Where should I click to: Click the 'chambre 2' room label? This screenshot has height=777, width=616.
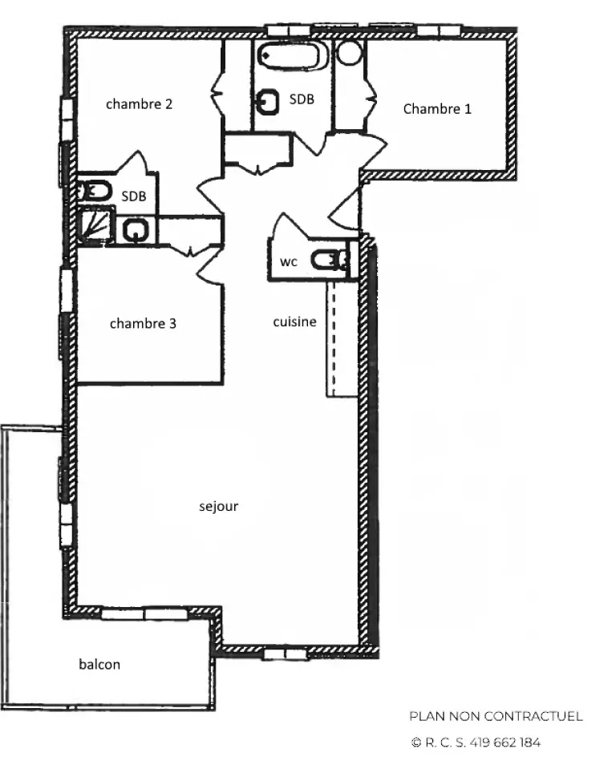(x=140, y=104)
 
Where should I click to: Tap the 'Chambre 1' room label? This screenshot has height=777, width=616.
(x=437, y=108)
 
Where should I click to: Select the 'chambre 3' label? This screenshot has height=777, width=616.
(x=143, y=324)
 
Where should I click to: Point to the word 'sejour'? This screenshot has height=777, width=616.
(x=218, y=507)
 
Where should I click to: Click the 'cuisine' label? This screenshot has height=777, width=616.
(x=295, y=322)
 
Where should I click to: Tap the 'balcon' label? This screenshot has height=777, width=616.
(x=99, y=664)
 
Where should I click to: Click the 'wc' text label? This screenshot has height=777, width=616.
(x=289, y=261)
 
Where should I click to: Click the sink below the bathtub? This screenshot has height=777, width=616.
(x=268, y=102)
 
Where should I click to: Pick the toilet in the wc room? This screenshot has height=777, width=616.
(x=330, y=260)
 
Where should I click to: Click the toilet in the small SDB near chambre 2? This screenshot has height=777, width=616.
(x=94, y=191)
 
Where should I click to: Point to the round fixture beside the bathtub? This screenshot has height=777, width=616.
(x=350, y=53)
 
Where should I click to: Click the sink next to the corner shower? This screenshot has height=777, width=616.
(x=136, y=230)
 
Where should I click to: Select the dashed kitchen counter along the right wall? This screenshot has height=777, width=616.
(x=342, y=339)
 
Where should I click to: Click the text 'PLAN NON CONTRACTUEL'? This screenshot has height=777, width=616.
(x=496, y=716)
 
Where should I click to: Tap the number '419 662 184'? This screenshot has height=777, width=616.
(x=505, y=743)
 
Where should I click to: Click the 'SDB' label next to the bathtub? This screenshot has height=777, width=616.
(x=302, y=99)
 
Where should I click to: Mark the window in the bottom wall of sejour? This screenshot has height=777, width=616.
(x=286, y=654)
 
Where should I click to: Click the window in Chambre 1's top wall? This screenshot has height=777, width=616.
(x=439, y=30)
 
